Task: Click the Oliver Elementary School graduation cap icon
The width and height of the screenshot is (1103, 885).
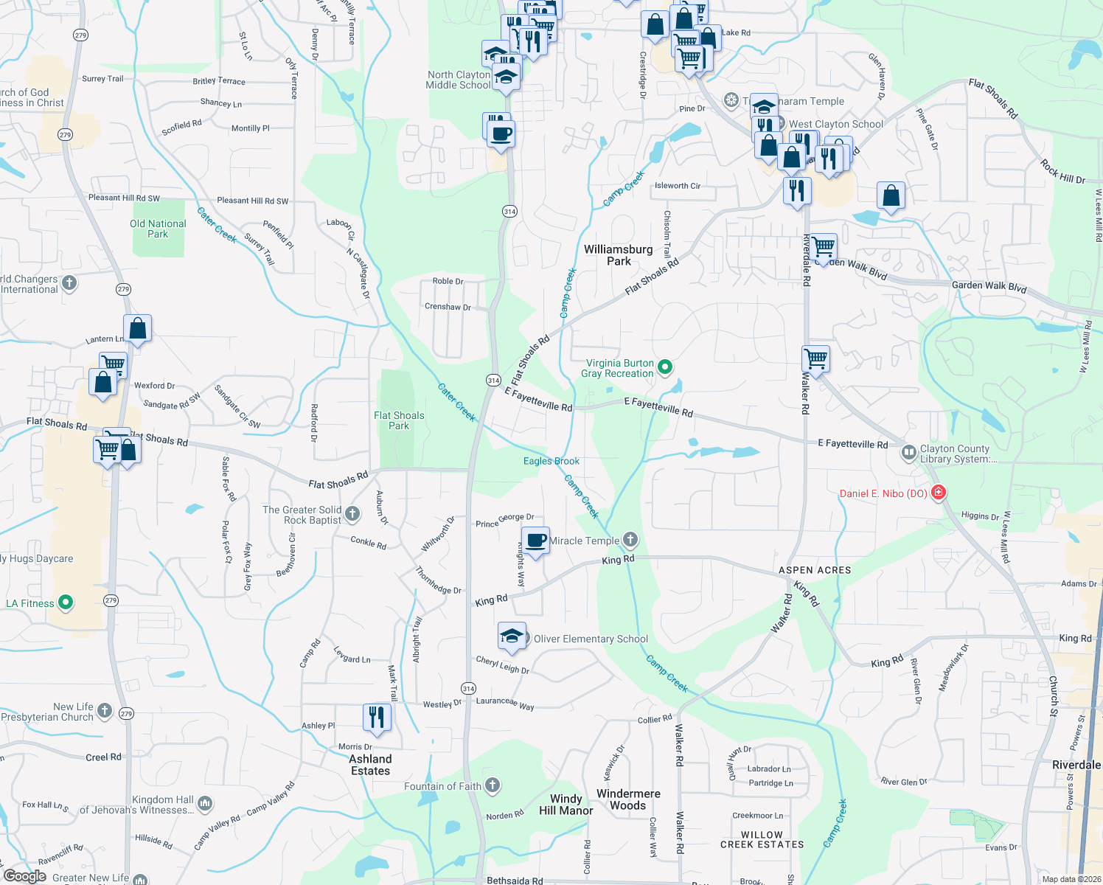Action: [512, 636]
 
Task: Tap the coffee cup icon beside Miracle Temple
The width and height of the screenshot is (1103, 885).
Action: [536, 541]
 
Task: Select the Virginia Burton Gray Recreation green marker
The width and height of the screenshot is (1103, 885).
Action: [665, 367]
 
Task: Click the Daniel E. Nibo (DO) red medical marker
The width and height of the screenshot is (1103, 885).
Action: [938, 492]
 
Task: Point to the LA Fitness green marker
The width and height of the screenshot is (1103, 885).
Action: [66, 603]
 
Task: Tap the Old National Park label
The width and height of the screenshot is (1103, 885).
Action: [158, 229]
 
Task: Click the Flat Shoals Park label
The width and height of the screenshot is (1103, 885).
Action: [399, 420]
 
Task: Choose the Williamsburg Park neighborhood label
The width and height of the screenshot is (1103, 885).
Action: [619, 255]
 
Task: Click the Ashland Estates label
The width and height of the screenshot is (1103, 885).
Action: [370, 765]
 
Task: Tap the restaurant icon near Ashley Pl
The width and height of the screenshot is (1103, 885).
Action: [377, 716]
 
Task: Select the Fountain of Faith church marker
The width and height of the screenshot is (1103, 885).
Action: [493, 785]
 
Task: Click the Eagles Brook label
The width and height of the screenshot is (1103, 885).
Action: [551, 461]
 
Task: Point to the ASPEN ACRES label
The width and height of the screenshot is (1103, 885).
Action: [815, 570]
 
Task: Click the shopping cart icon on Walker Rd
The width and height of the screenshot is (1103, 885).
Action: [816, 359]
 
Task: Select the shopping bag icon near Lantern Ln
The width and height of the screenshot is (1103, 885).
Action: [138, 328]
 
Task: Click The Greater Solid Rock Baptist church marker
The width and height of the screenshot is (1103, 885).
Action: [352, 513]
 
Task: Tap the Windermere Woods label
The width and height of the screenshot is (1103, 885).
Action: [628, 799]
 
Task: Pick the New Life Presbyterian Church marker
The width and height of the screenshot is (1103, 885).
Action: [105, 711]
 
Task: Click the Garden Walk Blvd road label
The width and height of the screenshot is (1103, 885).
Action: [989, 287]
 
